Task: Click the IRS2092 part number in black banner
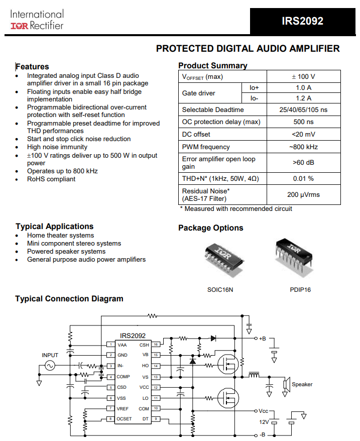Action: (302, 21)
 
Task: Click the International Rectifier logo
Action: (37, 20)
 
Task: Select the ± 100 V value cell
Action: (303, 77)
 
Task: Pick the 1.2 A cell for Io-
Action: (303, 98)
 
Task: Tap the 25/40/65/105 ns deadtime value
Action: (303, 109)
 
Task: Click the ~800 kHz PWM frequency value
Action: (303, 147)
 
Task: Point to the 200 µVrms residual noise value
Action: (303, 194)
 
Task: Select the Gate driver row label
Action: (199, 93)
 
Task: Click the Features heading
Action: (33, 66)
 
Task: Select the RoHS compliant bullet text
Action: (51, 179)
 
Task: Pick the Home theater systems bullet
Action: (60, 236)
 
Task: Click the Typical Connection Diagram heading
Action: (69, 299)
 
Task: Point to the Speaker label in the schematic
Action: (302, 384)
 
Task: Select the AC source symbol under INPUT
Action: (50, 366)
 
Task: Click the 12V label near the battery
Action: (264, 422)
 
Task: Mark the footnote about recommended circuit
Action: (235, 208)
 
